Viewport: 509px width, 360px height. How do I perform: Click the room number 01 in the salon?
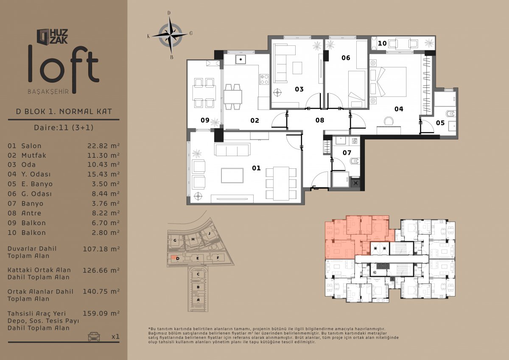tap(256, 168)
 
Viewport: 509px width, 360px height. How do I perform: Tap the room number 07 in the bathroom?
tap(347, 153)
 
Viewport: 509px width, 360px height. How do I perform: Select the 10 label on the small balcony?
tap(382, 43)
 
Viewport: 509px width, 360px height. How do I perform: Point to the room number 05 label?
tap(440, 123)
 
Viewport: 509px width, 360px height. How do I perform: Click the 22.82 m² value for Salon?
tap(103, 145)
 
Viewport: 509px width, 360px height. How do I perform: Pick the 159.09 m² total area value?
tap(101, 313)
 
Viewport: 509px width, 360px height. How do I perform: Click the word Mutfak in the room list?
tap(34, 155)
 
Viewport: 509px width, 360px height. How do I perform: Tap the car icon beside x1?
tap(94, 337)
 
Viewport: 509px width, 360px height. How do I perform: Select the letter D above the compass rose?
tap(169, 13)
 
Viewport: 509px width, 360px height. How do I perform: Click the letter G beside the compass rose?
tap(191, 33)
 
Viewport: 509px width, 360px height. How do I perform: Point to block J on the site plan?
tap(210, 233)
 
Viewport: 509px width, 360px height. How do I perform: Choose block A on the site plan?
tap(198, 300)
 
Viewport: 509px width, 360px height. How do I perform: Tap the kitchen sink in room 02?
tap(241, 59)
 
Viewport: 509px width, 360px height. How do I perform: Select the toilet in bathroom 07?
tap(355, 161)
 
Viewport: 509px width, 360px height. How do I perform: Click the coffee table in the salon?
tap(232, 176)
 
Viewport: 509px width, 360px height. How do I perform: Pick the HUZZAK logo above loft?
tap(52, 36)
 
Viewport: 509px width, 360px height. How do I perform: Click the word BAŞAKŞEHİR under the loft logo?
tap(48, 92)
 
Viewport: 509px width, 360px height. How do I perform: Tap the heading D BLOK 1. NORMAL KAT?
tap(64, 112)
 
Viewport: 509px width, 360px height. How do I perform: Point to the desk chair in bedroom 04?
tap(389, 120)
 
